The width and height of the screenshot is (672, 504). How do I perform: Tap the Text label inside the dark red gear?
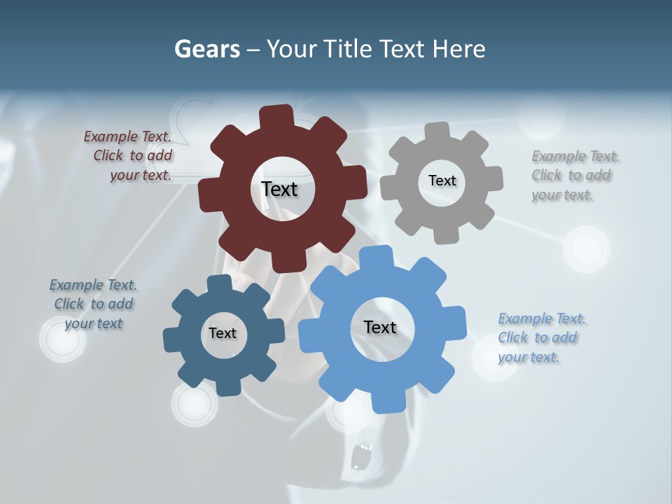(x=279, y=189)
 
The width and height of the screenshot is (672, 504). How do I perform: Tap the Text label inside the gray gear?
(x=442, y=181)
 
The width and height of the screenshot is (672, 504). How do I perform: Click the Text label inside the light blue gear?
(x=380, y=327)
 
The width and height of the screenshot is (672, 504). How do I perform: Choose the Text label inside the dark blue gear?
(x=223, y=333)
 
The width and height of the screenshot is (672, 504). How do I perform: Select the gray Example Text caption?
(x=575, y=176)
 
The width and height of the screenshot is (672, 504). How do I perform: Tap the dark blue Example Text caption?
(x=93, y=304)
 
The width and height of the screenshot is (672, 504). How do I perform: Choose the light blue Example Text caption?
(x=540, y=337)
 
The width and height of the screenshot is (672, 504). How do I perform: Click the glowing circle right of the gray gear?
(x=587, y=248)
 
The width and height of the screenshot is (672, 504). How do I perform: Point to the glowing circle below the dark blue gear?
(x=195, y=404)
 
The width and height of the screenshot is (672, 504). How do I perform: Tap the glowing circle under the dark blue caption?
(x=63, y=339)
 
